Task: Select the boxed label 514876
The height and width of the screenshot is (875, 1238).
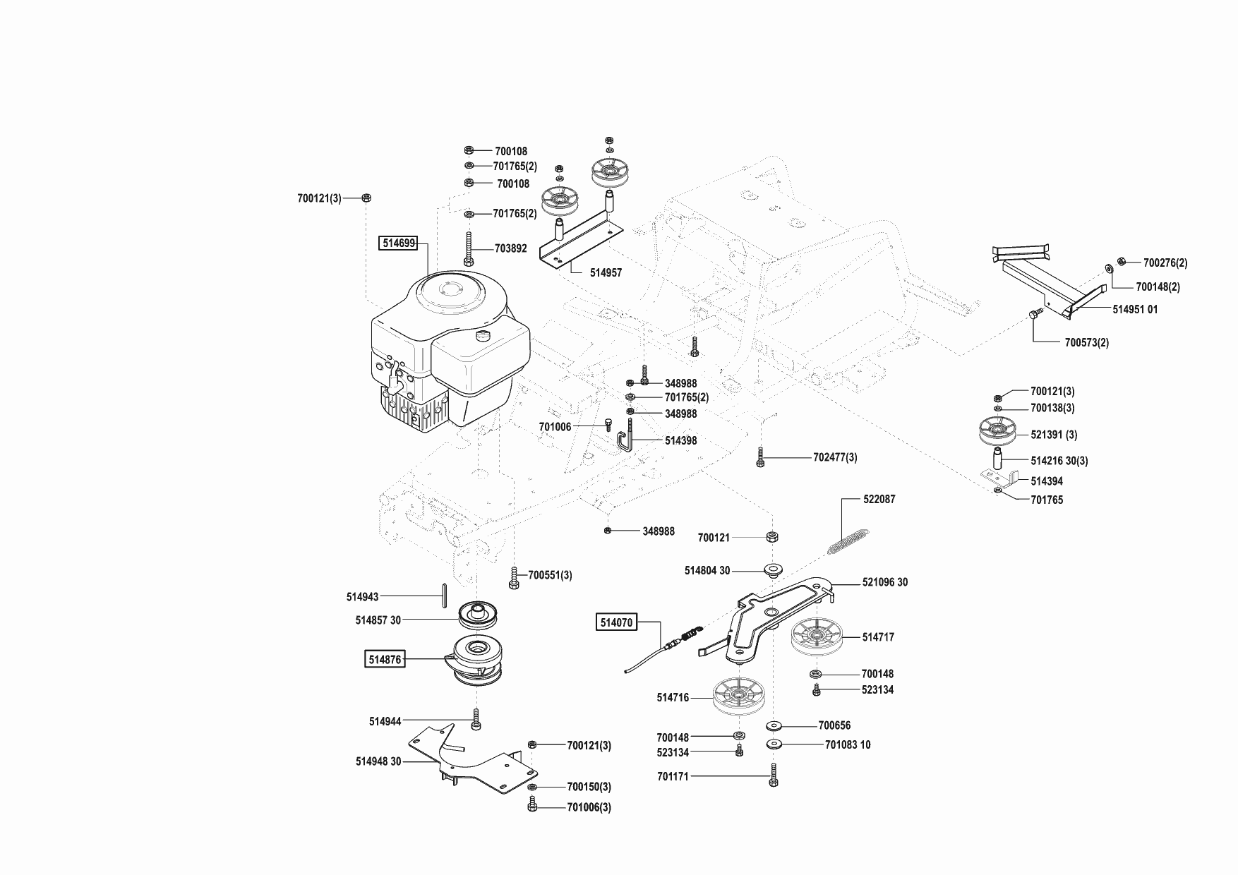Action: pos(385,660)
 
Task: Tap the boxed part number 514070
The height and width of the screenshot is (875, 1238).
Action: pos(616,622)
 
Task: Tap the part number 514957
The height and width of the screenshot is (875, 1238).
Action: pos(606,272)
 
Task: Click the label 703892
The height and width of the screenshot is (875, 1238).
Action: pos(510,248)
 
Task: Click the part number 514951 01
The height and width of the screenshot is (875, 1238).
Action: pos(1135,309)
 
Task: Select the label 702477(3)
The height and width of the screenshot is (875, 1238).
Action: pos(835,457)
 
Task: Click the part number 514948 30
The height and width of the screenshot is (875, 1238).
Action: pos(378,761)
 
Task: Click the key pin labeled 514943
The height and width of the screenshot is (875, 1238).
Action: pos(443,595)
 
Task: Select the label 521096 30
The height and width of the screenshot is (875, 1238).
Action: pos(885,582)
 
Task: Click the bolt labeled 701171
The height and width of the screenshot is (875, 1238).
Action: pos(774,776)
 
